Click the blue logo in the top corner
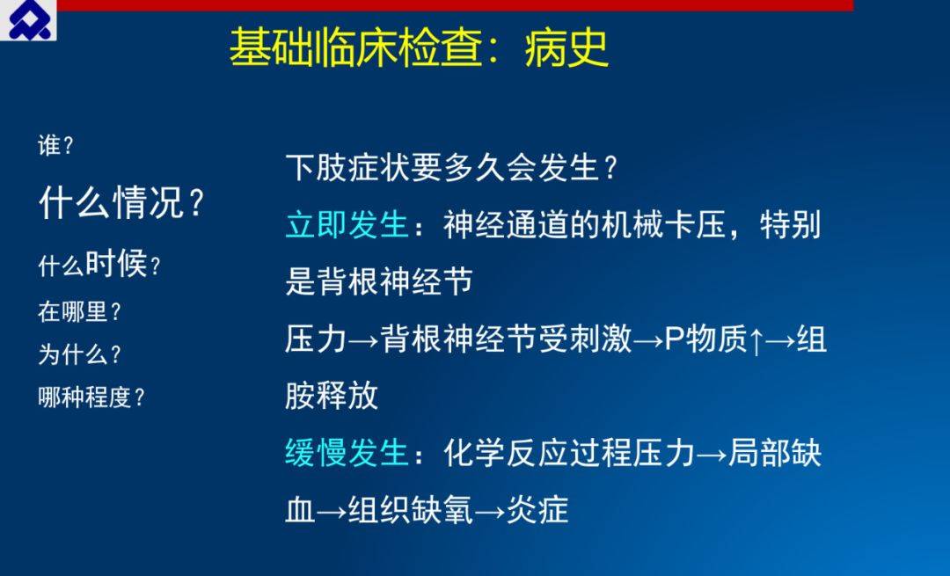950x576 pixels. click(28, 20)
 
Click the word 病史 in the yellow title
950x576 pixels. click(566, 47)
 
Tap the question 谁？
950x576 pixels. click(55, 145)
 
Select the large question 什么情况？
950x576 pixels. click(121, 202)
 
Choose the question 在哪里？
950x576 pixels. click(80, 312)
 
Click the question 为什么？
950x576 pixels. click(80, 354)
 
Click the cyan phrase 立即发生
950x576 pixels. click(347, 225)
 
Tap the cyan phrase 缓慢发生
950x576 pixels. click(347, 452)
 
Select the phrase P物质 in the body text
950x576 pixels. click(705, 339)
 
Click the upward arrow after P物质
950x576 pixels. click(756, 340)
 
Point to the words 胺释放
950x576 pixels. click(332, 396)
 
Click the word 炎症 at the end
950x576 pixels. click(537, 510)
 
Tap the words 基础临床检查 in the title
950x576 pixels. click(356, 47)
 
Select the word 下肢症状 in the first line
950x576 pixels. click(347, 167)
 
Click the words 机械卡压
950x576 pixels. click(663, 225)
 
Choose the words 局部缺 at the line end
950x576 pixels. click(775, 452)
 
